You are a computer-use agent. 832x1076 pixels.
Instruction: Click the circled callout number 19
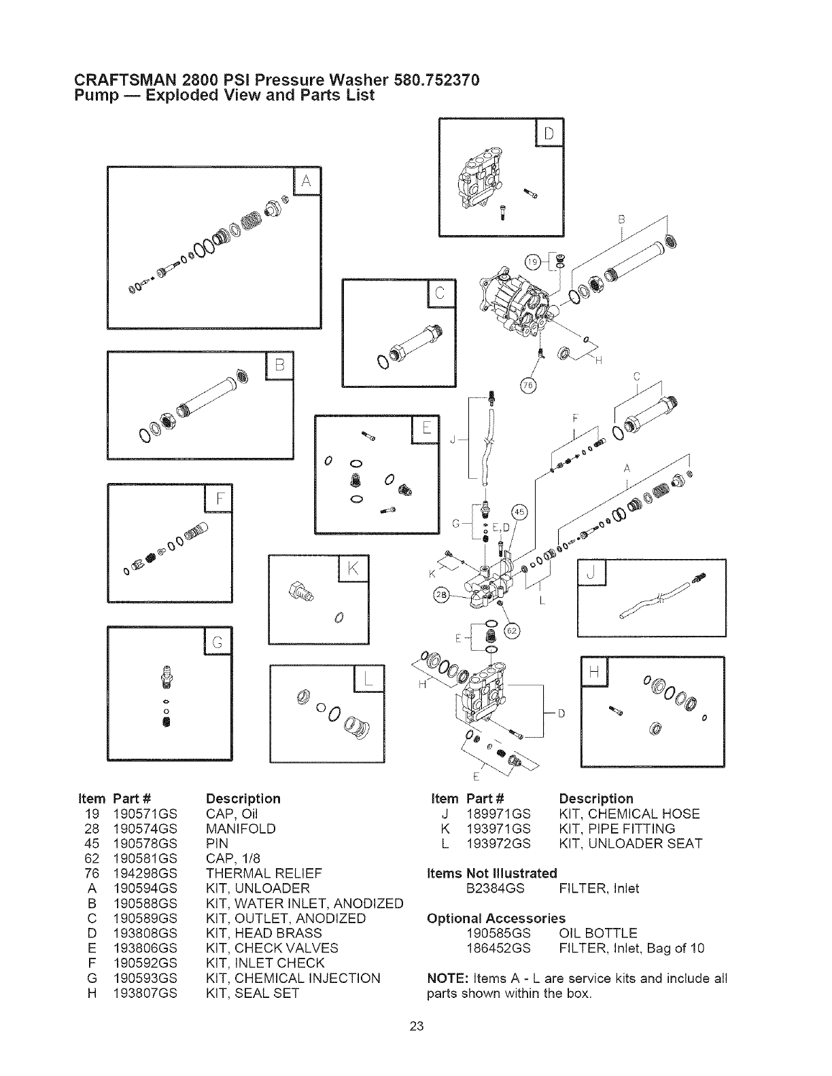pos(534,261)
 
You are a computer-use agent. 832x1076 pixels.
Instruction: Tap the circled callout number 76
pos(528,386)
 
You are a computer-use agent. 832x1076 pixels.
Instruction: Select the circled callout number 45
pos(519,512)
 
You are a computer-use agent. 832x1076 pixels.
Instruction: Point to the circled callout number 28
pos(442,596)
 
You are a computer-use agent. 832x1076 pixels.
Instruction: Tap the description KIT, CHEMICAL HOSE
pos(629,814)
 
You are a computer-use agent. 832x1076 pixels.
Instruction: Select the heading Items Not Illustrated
pos(491,873)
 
